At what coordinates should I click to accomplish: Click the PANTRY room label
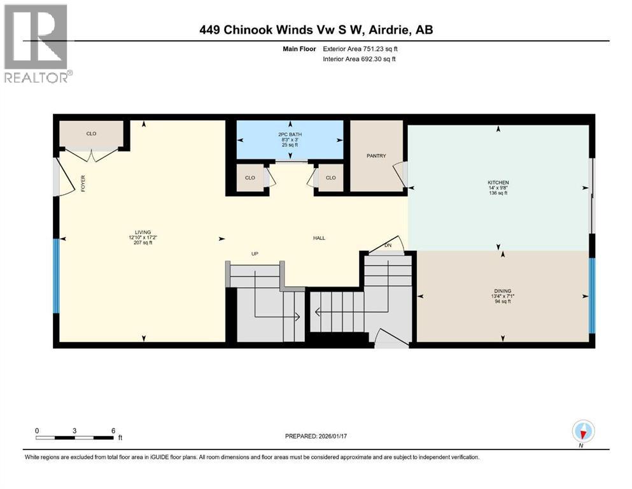coord(376,156)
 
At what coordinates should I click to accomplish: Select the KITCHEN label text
coord(498,183)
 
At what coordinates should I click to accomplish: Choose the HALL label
coord(319,238)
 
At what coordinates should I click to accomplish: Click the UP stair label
coord(255,254)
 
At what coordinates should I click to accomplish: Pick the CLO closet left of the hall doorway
coord(249,178)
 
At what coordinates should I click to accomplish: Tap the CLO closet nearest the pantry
coord(330,178)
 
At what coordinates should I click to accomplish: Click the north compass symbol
coord(582,432)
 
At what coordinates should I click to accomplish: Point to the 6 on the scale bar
coord(113,430)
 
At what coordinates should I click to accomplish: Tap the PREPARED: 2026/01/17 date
coord(316,436)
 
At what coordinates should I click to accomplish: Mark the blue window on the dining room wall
coord(592,295)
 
